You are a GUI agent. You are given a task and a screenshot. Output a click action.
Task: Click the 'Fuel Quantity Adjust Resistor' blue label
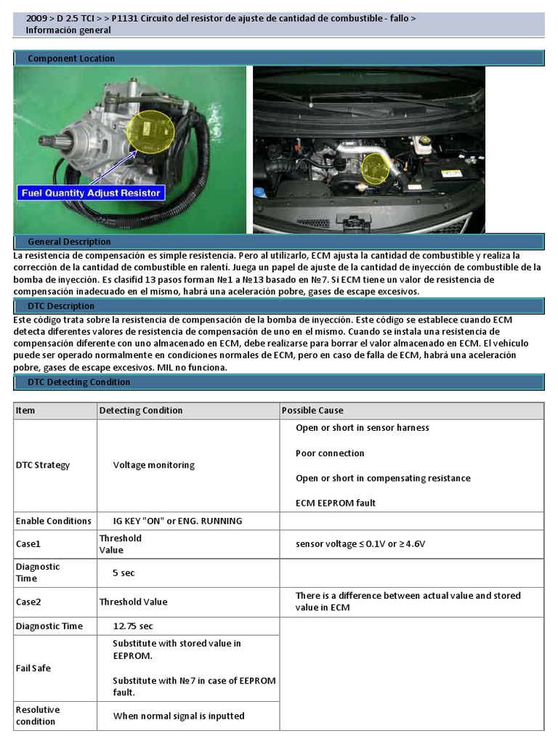pyautogui.click(x=92, y=193)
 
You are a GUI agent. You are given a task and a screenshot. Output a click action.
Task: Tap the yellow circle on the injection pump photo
pyautogui.click(x=151, y=129)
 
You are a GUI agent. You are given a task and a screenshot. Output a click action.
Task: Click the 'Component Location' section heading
pyautogui.click(x=71, y=58)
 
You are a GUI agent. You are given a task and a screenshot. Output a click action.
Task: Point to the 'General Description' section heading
pyautogui.click(x=69, y=241)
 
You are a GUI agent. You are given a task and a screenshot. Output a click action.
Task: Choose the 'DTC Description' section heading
pyautogui.click(x=61, y=306)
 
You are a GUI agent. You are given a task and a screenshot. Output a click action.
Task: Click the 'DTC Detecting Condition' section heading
pyautogui.click(x=79, y=381)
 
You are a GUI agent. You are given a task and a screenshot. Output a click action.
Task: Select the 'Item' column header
pyautogui.click(x=25, y=411)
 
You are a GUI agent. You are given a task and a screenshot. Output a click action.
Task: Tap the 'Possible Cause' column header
pyautogui.click(x=312, y=411)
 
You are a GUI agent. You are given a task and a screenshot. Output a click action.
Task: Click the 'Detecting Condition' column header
pyautogui.click(x=141, y=411)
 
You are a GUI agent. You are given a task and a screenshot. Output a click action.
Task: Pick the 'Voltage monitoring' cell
pyautogui.click(x=153, y=465)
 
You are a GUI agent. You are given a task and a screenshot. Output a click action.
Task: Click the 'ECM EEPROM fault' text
pyautogui.click(x=336, y=503)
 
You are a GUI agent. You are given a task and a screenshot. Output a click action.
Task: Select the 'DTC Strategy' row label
pyautogui.click(x=43, y=465)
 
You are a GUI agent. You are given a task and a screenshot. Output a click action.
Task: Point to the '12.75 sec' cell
pyautogui.click(x=133, y=626)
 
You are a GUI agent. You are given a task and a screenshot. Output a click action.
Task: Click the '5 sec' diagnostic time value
pyautogui.click(x=124, y=573)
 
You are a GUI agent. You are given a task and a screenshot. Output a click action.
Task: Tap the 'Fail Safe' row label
pyautogui.click(x=33, y=668)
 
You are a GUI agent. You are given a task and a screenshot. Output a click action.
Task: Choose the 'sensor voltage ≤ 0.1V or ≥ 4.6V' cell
pyautogui.click(x=360, y=543)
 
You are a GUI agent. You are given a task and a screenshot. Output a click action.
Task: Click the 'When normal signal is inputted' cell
pyautogui.click(x=179, y=716)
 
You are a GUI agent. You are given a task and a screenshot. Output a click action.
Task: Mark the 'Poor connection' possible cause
pyautogui.click(x=330, y=453)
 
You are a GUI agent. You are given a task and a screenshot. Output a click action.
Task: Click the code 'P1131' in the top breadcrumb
pyautogui.click(x=124, y=17)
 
